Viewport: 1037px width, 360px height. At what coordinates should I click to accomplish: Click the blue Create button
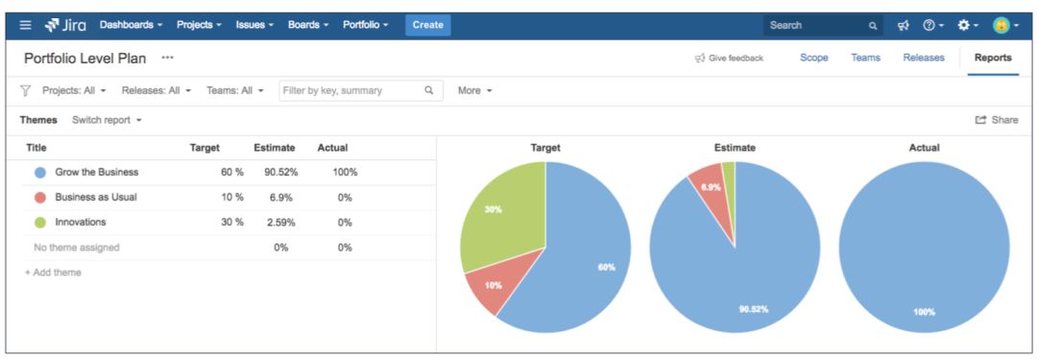[x=427, y=25]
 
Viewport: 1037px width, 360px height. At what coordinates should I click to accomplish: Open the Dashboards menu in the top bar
[x=131, y=25]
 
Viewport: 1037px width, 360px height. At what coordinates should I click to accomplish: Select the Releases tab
[x=923, y=58]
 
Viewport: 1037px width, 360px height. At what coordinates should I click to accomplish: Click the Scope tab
[x=814, y=58]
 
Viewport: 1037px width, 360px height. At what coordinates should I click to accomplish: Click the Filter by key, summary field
[x=350, y=90]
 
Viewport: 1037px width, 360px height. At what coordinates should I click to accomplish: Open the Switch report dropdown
[x=107, y=120]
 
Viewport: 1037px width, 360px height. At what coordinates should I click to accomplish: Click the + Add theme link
[x=53, y=273]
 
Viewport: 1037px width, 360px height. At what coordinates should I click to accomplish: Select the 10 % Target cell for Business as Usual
[x=231, y=198]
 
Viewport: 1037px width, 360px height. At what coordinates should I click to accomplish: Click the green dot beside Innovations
[x=40, y=223]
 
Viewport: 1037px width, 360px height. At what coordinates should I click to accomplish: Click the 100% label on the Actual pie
[x=924, y=311]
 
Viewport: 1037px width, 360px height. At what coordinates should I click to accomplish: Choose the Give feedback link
[x=729, y=59]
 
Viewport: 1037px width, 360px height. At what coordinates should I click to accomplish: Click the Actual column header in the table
[x=332, y=148]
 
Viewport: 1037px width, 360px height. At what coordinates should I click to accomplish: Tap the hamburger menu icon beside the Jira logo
[x=25, y=25]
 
